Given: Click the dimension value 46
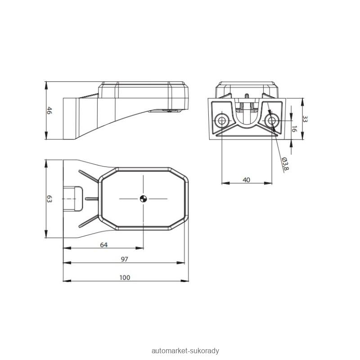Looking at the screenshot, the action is coord(49,110).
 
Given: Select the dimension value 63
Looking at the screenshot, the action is coord(49,199).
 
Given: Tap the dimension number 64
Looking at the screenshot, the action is coord(104,245).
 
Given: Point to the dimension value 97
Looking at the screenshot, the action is coord(125,260).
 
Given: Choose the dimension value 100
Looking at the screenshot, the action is coord(125,278).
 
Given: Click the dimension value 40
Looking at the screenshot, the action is coord(246,180).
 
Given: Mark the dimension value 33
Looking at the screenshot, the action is coord(305,119).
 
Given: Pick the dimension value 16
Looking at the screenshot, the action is coord(294,129).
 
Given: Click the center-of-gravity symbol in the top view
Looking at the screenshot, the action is coord(143,198).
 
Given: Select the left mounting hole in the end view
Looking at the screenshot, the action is coord(222,120).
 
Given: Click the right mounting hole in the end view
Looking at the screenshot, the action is coord(272,120).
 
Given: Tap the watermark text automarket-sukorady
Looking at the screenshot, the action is coord(185,351).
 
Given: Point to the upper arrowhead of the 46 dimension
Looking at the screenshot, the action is coord(46,85).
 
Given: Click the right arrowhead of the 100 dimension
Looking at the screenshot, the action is coord(184,281).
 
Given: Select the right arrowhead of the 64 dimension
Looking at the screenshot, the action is coord(139,248).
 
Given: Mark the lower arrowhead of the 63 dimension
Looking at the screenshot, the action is coord(46,234).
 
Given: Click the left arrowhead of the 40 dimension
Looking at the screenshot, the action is coord(226,183).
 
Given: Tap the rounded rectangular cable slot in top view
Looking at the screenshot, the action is coord(73,198).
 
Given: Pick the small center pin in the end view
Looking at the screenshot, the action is coord(247,96).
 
